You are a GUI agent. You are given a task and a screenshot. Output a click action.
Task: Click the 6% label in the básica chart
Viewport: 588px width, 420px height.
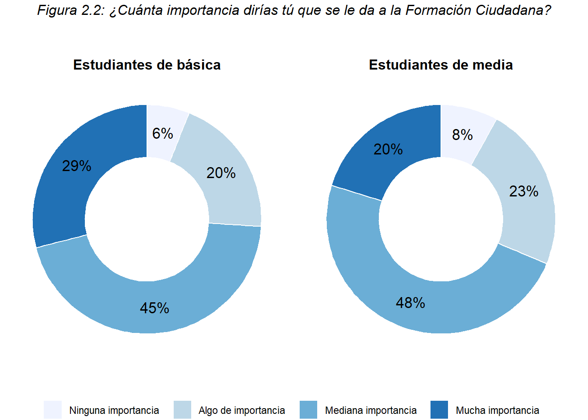pyautogui.click(x=163, y=133)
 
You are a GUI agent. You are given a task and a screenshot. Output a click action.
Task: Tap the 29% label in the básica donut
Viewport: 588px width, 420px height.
pyautogui.click(x=77, y=166)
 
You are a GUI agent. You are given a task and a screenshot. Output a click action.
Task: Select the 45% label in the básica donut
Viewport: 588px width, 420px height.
pyautogui.click(x=154, y=308)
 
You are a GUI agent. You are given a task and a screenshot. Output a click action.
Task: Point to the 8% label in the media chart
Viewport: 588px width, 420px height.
pyautogui.click(x=462, y=135)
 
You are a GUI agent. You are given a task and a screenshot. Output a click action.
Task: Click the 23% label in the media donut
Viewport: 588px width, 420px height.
pyautogui.click(x=524, y=191)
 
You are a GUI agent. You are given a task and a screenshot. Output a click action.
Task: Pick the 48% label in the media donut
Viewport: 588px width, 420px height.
pyautogui.click(x=410, y=303)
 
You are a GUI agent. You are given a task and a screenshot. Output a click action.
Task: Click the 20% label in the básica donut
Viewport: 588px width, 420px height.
pyautogui.click(x=221, y=173)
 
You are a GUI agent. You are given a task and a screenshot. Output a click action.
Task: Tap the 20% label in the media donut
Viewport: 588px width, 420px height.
pyautogui.click(x=388, y=149)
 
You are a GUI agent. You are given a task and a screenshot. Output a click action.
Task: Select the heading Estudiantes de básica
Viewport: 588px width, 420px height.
pyautogui.click(x=147, y=65)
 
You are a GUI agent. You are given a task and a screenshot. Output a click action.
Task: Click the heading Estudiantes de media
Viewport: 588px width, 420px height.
pyautogui.click(x=441, y=65)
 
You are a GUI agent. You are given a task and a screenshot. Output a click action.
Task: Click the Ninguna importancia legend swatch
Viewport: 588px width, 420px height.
pyautogui.click(x=52, y=410)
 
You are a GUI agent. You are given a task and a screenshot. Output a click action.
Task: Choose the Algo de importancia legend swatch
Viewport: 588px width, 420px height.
pyautogui.click(x=182, y=410)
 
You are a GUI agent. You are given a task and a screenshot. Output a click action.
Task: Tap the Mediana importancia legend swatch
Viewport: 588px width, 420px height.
pyautogui.click(x=308, y=410)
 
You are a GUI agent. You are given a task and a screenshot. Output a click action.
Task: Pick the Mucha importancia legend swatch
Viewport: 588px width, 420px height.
pyautogui.click(x=439, y=410)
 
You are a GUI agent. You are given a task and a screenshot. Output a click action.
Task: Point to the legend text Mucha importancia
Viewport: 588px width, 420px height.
pyautogui.click(x=497, y=410)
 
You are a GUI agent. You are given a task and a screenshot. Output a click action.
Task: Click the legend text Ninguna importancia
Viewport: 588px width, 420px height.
pyautogui.click(x=114, y=410)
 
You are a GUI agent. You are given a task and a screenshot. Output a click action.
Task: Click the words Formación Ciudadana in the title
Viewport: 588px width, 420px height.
pyautogui.click(x=478, y=10)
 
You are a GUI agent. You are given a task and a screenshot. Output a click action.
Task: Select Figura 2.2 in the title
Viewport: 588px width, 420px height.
pyautogui.click(x=70, y=10)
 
